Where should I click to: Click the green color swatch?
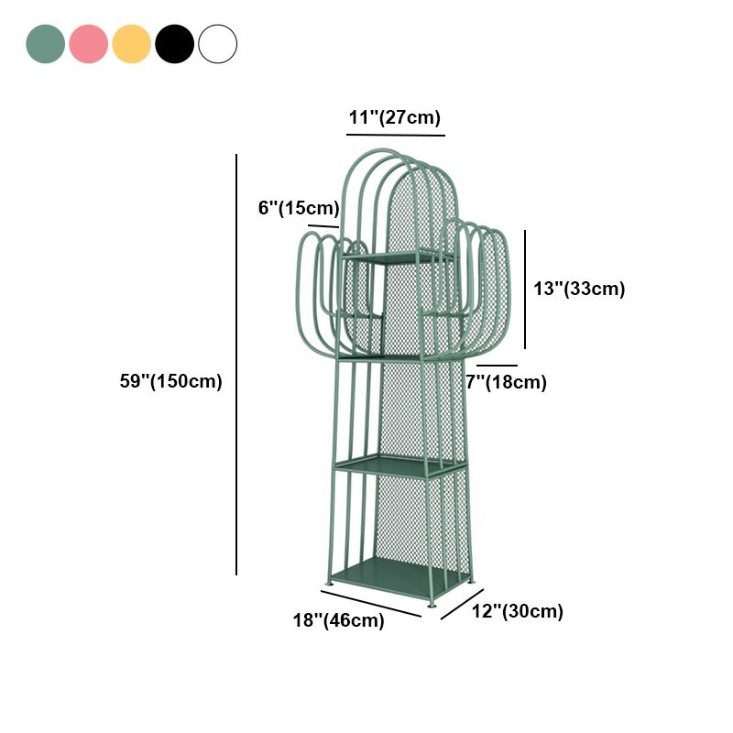tap(45, 44)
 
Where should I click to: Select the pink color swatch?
tap(88, 44)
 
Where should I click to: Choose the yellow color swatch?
tap(131, 44)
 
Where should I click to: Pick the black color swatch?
tap(174, 44)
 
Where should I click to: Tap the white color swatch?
tap(217, 44)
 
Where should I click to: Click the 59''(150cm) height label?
tap(170, 381)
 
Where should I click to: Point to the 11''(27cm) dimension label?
tap(395, 117)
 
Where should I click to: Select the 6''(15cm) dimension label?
tap(298, 208)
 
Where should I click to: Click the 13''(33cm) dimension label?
tap(579, 289)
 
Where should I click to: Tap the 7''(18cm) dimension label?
tap(506, 382)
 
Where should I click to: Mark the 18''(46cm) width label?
tap(338, 620)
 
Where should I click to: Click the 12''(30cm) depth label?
tap(517, 611)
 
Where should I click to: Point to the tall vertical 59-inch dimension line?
tap(236, 366)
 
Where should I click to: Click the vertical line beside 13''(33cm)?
tap(525, 289)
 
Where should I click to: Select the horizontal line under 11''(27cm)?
tap(395, 135)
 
